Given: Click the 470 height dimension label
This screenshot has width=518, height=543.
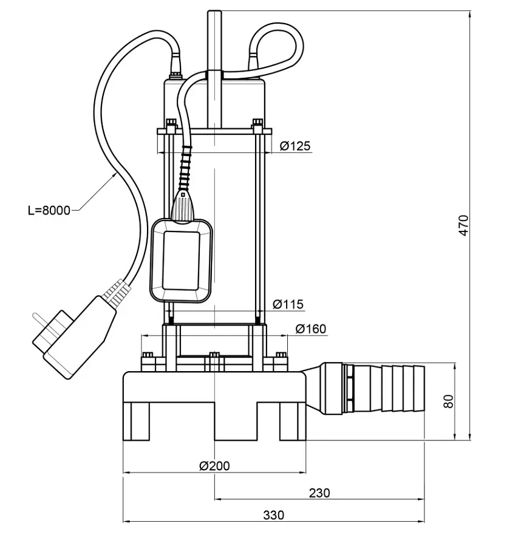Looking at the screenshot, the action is coord(463,225).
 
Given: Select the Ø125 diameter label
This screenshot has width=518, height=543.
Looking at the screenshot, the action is coord(295,146).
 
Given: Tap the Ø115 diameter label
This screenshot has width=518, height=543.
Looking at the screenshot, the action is coord(288,304).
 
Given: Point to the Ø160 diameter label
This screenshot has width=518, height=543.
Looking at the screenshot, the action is coord(310,329).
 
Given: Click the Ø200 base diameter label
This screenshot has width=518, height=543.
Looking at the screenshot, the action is coord(214,466).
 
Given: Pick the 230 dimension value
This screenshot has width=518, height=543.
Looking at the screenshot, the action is coord(319,493).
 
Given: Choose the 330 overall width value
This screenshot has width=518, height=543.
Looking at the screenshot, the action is coord(273,515).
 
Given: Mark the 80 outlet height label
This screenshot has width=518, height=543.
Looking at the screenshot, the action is coord(448,401).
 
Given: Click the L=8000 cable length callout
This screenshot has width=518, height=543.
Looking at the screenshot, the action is coord(49,210).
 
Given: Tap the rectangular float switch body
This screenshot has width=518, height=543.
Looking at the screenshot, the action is coord(182,261).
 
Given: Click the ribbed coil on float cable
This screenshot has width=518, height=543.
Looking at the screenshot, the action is coord(185,169).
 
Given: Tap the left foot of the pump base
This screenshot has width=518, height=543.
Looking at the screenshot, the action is coord(137,421).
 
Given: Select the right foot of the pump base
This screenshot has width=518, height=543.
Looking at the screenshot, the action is coord(293,421).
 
